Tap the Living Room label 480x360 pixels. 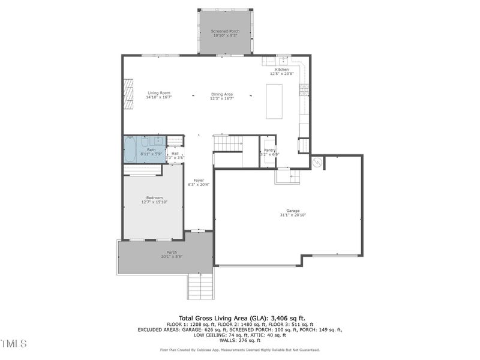[x=159, y=93]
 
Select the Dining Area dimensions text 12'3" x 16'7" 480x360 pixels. [x=221, y=98]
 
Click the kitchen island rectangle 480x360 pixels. [x=274, y=101]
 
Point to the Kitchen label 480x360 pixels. [x=282, y=70]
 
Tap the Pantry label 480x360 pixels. [x=270, y=150]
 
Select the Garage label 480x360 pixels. [x=293, y=211]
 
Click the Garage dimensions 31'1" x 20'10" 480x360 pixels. [x=293, y=215]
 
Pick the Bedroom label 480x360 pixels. [x=154, y=198]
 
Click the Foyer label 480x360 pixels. [x=199, y=180]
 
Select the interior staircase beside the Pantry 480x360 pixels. [x=228, y=144]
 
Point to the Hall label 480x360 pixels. [x=175, y=154]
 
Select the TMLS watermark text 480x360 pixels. [x=13, y=344]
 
